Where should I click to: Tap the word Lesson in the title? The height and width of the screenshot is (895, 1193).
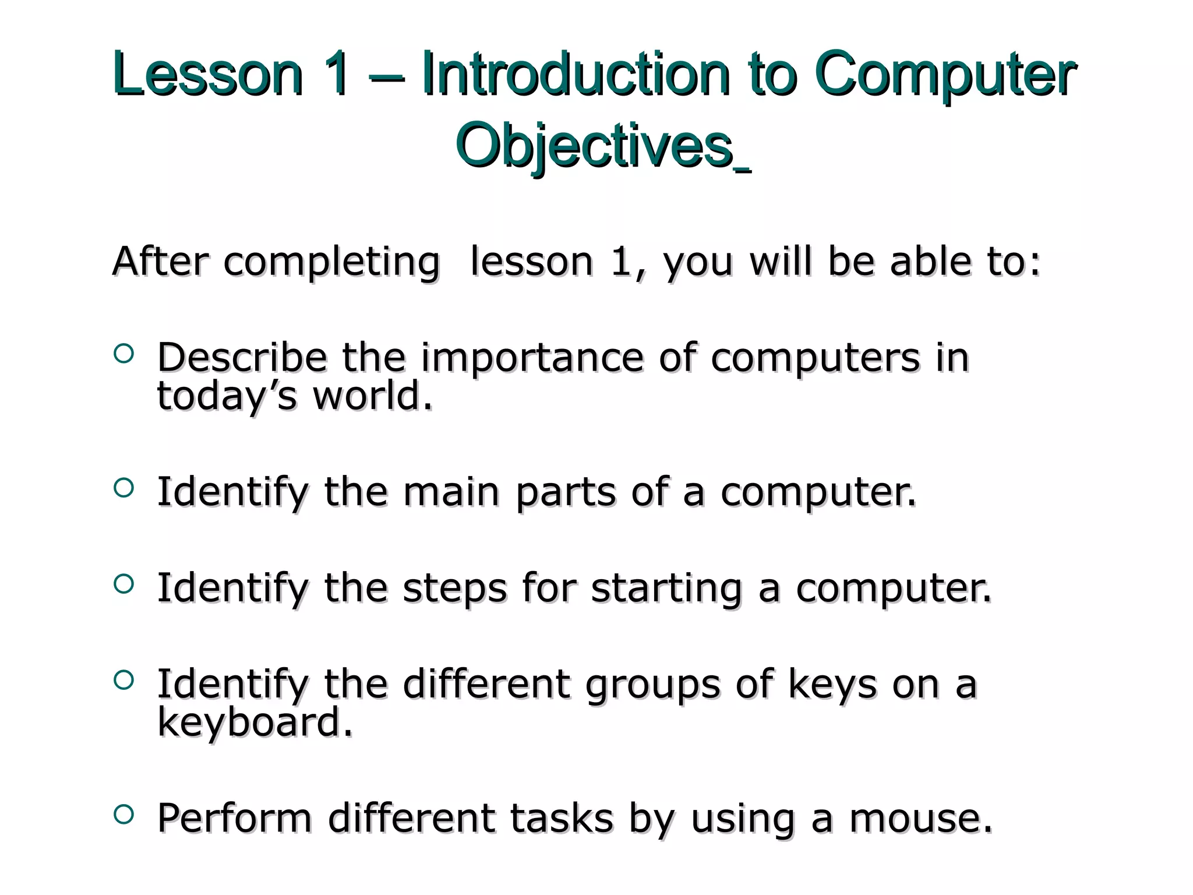coord(209,75)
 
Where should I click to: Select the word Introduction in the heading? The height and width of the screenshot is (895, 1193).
coord(576,75)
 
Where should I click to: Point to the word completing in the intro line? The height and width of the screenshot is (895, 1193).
coord(331,262)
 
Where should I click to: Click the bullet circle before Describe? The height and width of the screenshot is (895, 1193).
coord(124,353)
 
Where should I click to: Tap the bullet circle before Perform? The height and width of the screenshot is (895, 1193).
coord(124,814)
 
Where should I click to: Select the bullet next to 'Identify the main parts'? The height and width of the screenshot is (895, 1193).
coord(124,488)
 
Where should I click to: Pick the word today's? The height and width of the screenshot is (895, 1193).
coord(227,396)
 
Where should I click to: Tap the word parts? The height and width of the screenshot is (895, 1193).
coord(565,492)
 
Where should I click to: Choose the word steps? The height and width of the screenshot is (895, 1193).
coord(455,588)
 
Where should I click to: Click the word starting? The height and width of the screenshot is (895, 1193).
coord(666,588)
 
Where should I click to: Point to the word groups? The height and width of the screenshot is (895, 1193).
coord(653,685)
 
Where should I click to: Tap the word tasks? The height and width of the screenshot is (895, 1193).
coord(562,818)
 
